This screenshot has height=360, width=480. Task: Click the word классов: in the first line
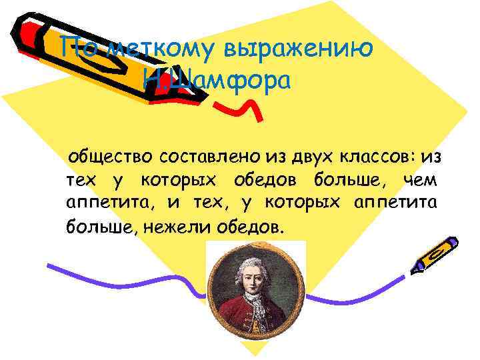[x=375, y=158]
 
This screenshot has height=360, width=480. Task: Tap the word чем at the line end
[x=422, y=180]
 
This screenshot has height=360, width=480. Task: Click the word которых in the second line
[x=180, y=180]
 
